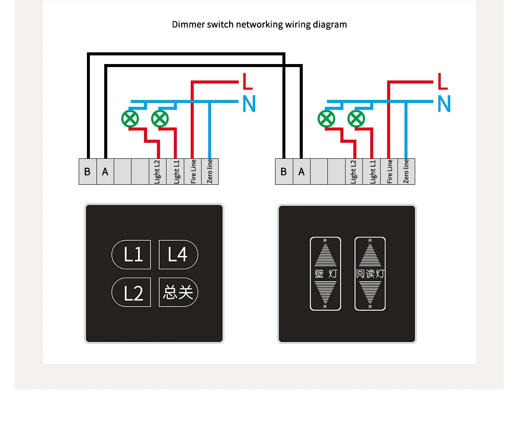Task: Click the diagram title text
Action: click(x=259, y=24)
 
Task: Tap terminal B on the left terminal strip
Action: click(x=87, y=171)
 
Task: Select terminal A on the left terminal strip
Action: click(x=105, y=171)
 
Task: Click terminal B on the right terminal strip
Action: click(x=284, y=171)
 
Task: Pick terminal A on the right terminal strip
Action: click(x=301, y=171)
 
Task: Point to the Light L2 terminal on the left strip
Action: click(x=157, y=171)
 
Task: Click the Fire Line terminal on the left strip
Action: click(x=193, y=171)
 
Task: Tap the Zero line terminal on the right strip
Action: click(x=406, y=171)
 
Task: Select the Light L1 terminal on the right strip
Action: click(x=372, y=171)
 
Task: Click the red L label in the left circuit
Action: click(x=247, y=81)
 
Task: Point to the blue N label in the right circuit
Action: click(x=444, y=103)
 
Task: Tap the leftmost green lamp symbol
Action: click(x=129, y=118)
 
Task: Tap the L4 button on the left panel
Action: click(x=178, y=254)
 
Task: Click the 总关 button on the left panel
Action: click(x=178, y=292)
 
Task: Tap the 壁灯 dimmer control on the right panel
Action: click(x=325, y=273)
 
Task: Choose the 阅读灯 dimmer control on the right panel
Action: click(x=370, y=273)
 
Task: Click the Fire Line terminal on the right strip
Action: click(x=389, y=171)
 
